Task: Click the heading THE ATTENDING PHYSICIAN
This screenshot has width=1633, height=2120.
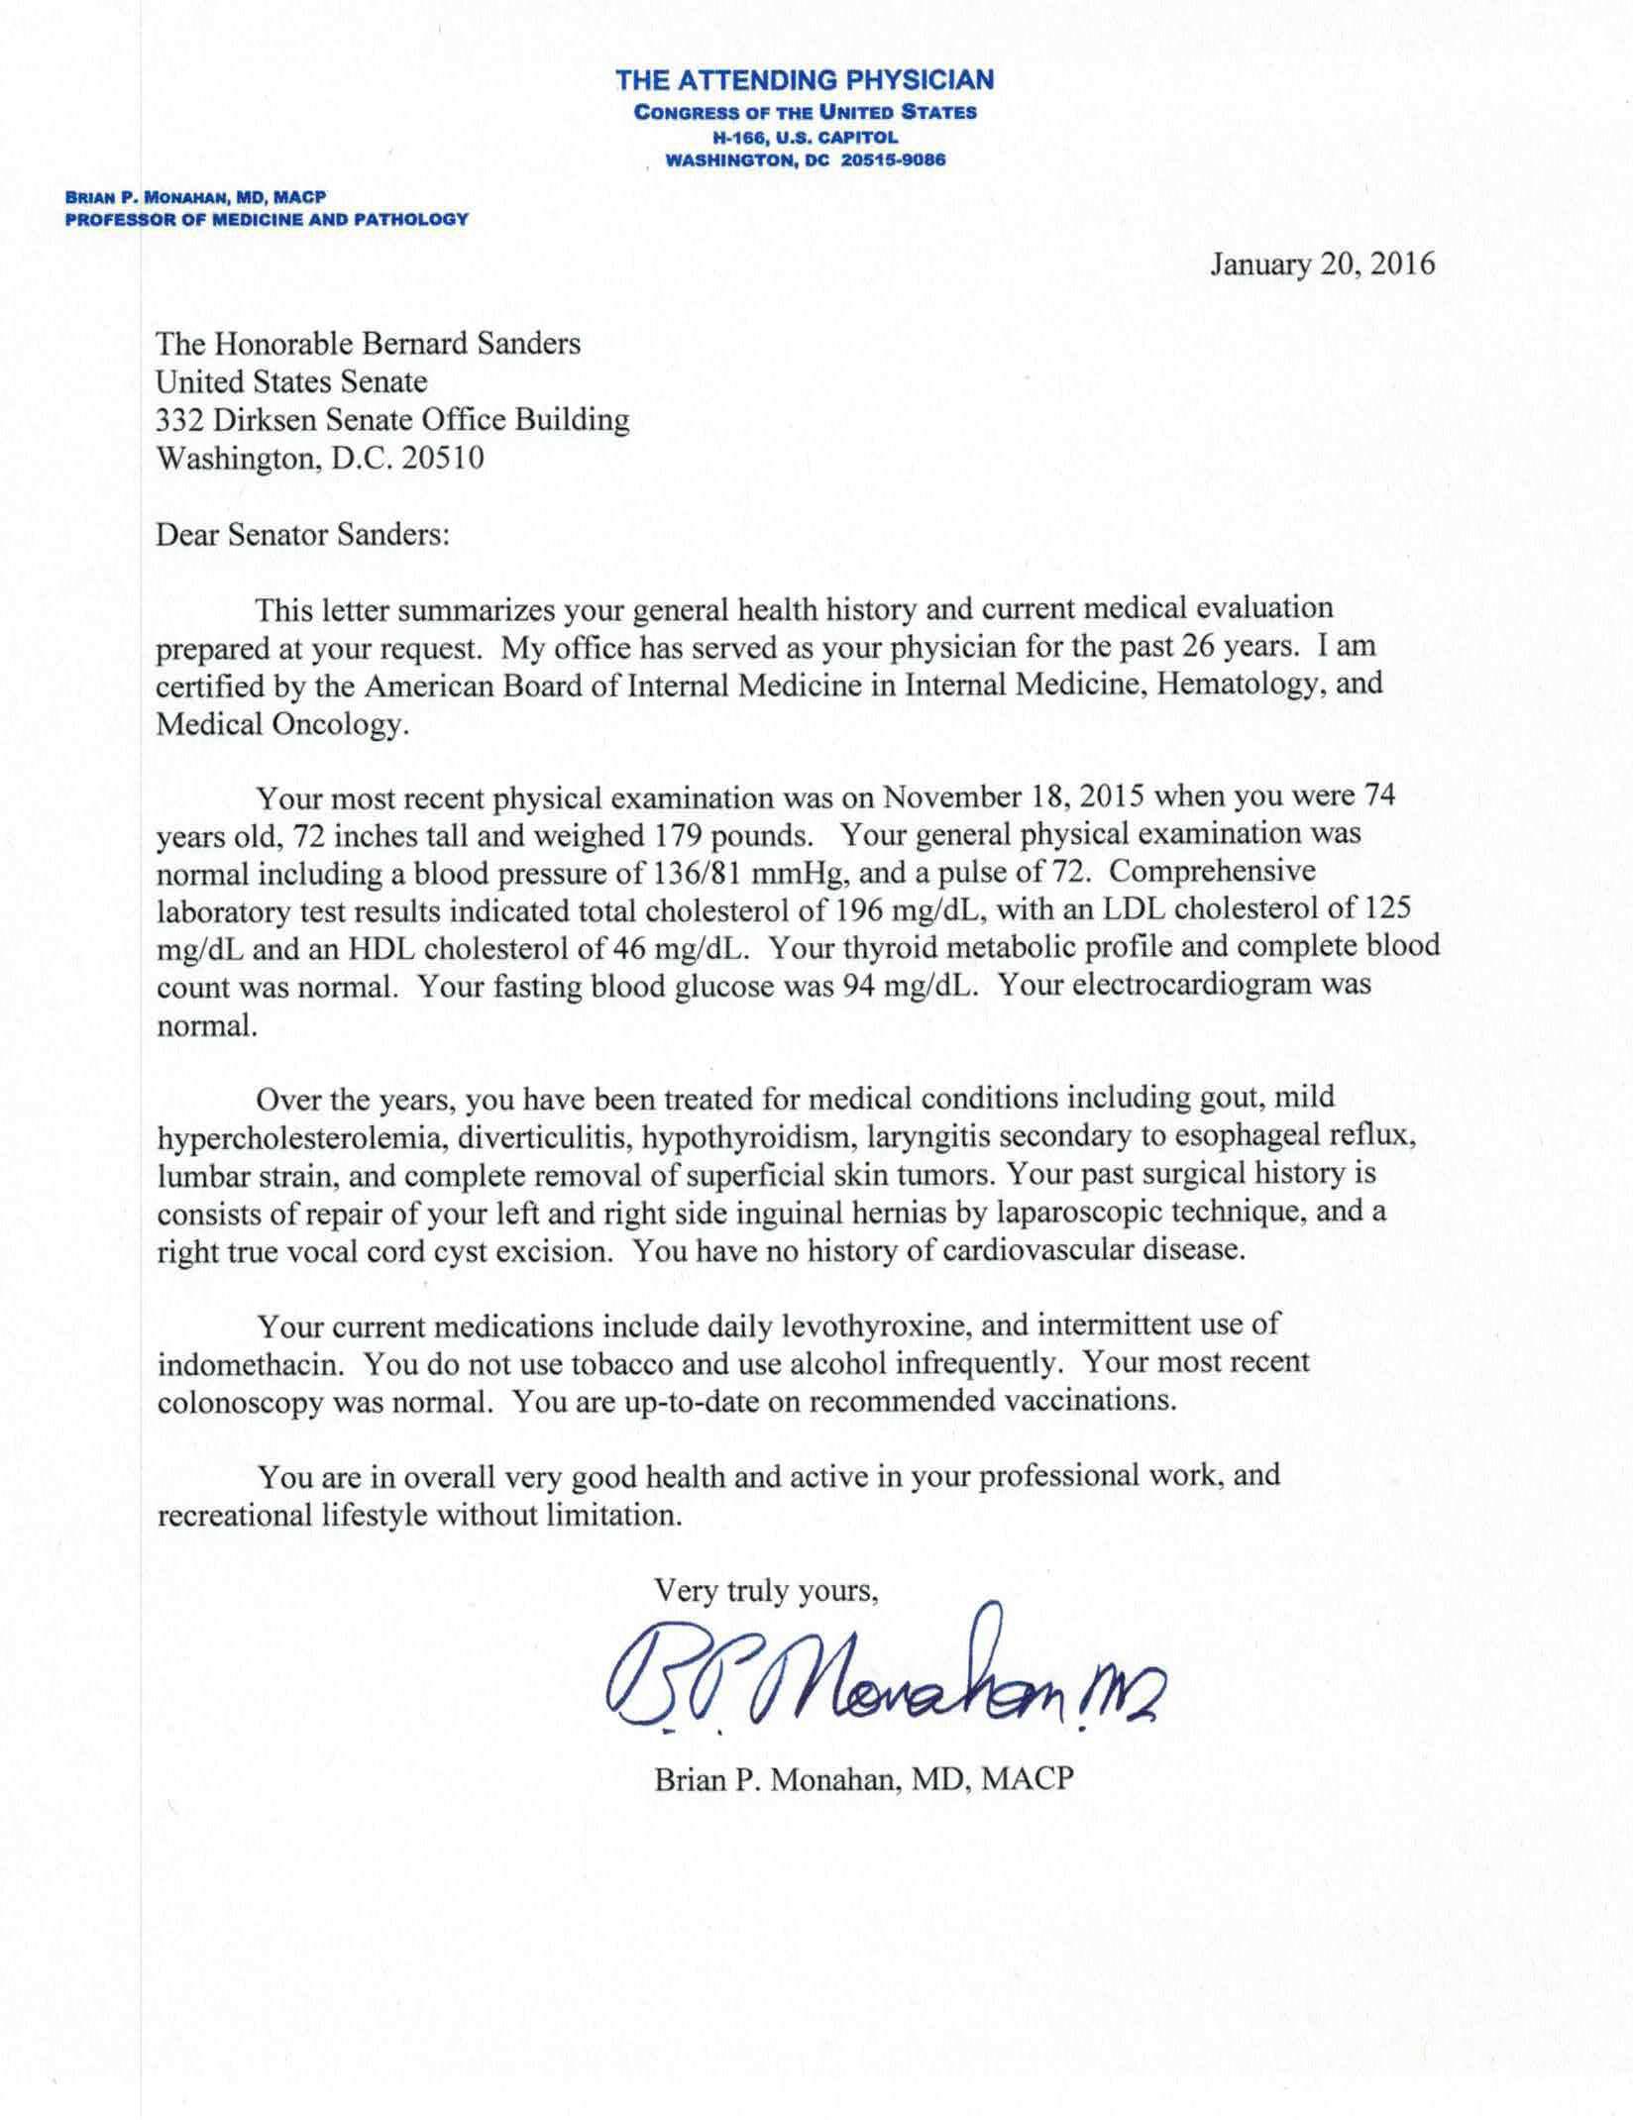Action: [x=805, y=79]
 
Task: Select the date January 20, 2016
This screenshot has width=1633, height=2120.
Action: [x=1322, y=265]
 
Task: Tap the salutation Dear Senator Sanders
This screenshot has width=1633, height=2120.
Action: [x=303, y=535]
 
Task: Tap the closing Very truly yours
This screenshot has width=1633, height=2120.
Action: [x=766, y=1591]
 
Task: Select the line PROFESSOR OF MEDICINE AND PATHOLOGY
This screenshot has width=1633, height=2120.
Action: [x=267, y=219]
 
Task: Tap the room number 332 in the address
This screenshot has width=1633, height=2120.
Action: [x=176, y=420]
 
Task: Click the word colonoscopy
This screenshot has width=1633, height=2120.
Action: [x=239, y=1402]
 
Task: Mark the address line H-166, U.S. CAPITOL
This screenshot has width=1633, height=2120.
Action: [x=805, y=138]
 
